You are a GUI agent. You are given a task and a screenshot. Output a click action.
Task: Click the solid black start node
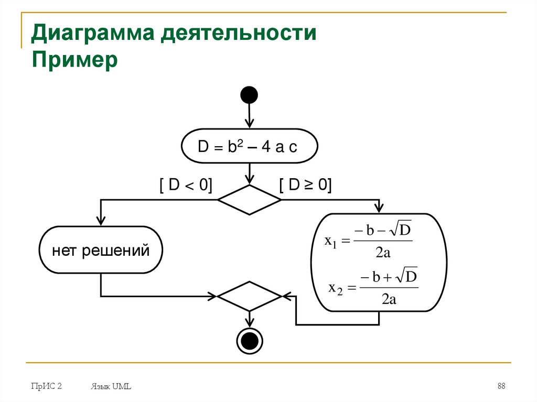click(249, 95)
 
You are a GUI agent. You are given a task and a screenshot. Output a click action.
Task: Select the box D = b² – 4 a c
click(249, 147)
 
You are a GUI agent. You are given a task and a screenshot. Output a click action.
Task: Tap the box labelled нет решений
click(101, 250)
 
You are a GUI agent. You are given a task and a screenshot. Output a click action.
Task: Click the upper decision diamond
click(249, 200)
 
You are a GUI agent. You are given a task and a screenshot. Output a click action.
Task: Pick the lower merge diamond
click(249, 297)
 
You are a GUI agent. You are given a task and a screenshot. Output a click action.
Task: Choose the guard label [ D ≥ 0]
click(306, 184)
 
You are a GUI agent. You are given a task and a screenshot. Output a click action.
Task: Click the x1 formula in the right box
click(370, 241)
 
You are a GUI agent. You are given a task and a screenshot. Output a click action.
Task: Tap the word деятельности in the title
click(238, 35)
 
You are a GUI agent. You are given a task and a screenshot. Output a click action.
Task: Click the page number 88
click(501, 386)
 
